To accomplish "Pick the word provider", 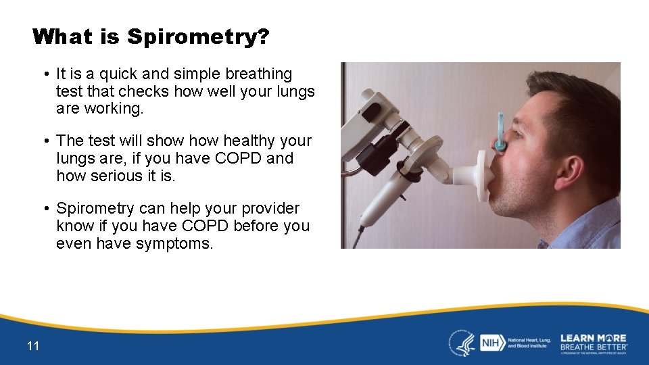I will coord(269,208).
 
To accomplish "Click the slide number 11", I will coord(33,346).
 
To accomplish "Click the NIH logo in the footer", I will coord(490,343).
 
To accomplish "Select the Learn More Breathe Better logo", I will coord(594,342).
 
